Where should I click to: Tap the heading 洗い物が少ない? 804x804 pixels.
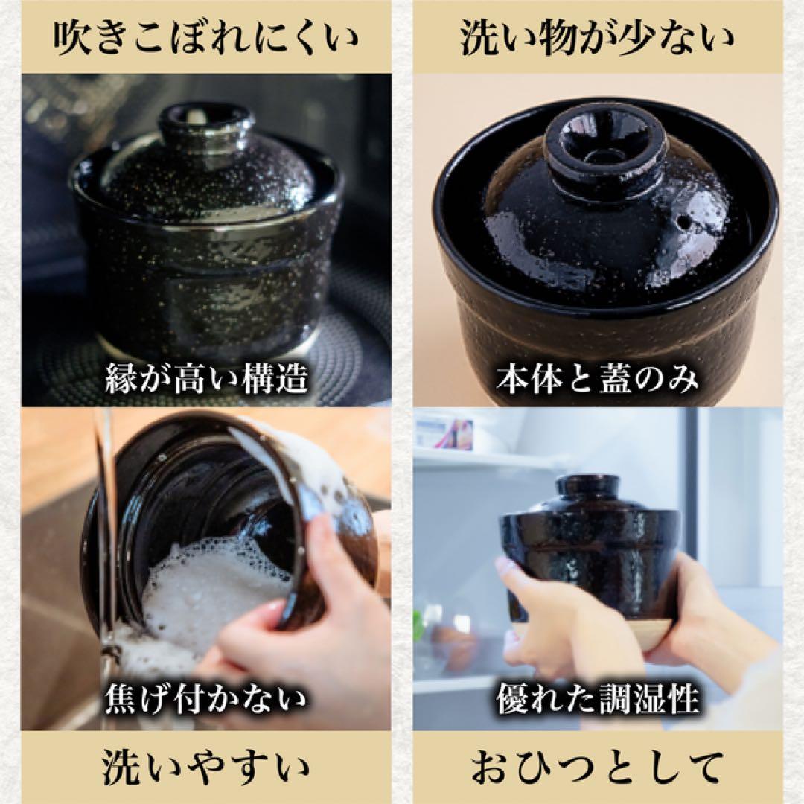click(596, 38)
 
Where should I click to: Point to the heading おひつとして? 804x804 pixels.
click(596, 768)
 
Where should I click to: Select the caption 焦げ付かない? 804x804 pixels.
click(205, 701)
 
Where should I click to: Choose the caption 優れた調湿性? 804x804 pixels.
click(597, 701)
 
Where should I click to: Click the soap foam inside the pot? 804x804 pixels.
click(201, 588)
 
